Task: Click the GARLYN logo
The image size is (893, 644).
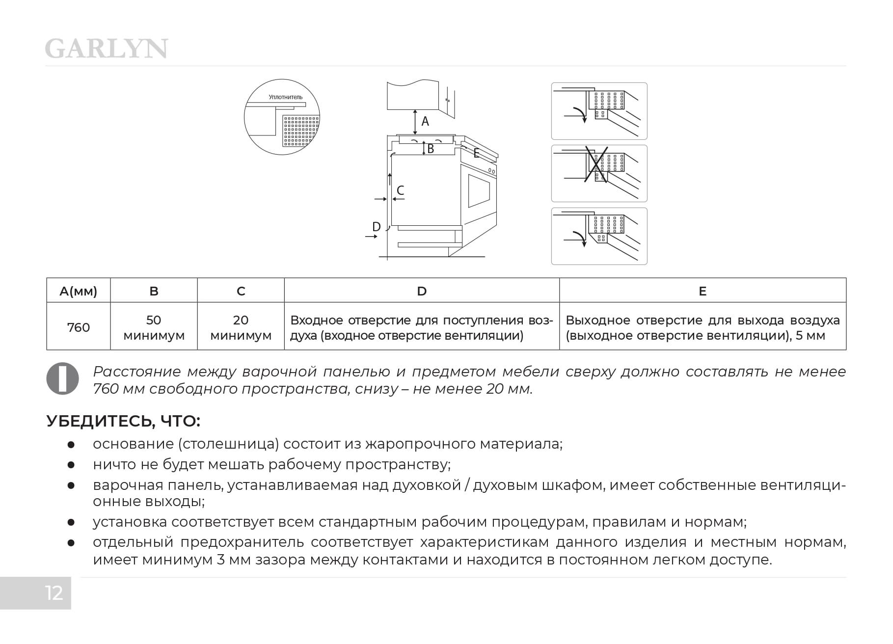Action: (x=106, y=49)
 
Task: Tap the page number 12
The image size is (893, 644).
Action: (x=54, y=593)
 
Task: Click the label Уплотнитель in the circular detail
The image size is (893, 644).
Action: (x=285, y=97)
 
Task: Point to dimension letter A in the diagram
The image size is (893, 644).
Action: (x=425, y=121)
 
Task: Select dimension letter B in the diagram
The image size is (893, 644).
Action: (x=431, y=148)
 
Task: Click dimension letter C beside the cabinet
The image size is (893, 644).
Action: (x=400, y=190)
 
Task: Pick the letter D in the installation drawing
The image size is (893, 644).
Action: (x=377, y=226)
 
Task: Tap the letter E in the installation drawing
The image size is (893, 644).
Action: (x=476, y=153)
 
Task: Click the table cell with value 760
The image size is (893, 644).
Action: (x=79, y=327)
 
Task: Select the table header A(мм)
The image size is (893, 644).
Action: (x=79, y=291)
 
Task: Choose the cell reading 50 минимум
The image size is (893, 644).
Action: (x=154, y=327)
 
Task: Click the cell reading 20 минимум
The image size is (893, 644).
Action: (x=241, y=327)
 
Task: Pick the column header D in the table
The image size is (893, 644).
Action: (x=422, y=291)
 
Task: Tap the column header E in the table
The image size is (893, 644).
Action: (x=703, y=291)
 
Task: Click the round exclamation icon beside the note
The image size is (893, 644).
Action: (x=62, y=378)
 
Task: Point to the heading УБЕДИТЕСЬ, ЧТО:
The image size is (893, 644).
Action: (x=123, y=421)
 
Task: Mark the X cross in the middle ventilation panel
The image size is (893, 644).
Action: (x=597, y=165)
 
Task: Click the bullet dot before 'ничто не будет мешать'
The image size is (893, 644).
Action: (x=71, y=464)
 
